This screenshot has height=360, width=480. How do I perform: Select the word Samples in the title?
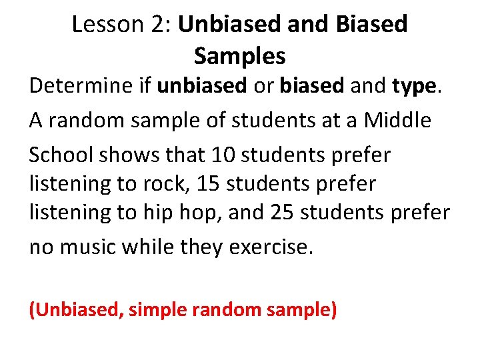point(239,56)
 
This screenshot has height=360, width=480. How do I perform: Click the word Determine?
point(79,86)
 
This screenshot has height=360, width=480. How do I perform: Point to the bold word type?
point(414,86)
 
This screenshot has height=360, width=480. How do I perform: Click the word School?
point(61,155)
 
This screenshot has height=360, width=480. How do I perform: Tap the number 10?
point(222,155)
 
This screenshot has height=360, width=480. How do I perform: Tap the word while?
point(155,247)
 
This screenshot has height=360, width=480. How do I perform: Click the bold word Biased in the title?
point(373,25)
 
